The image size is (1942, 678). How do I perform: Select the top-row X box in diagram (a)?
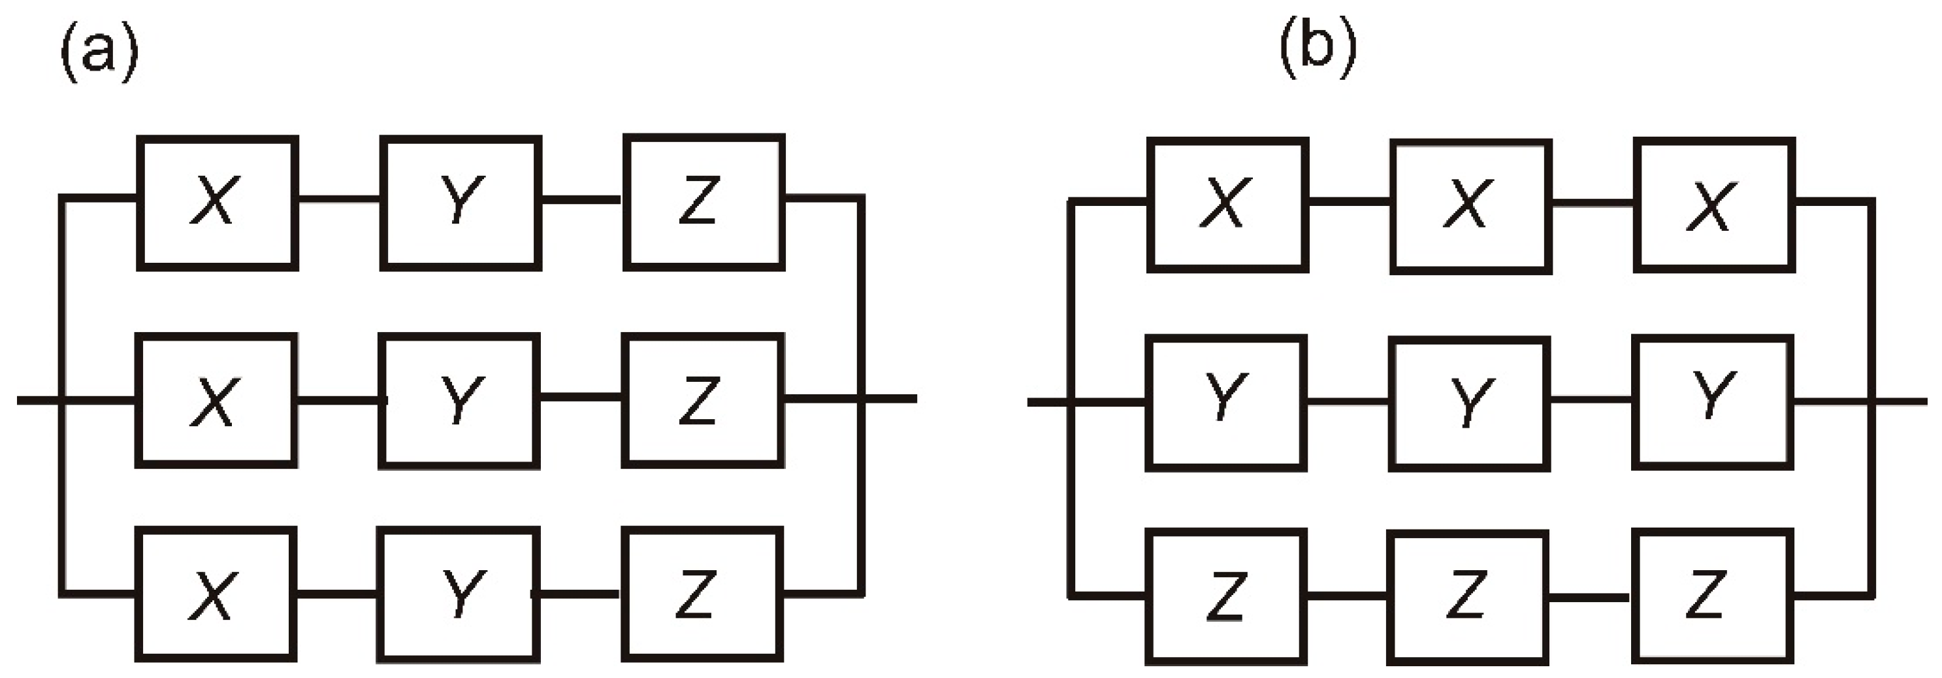217,202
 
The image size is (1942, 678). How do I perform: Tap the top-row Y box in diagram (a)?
461,202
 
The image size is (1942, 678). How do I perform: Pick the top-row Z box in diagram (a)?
704,201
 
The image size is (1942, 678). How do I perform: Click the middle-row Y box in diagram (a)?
459,401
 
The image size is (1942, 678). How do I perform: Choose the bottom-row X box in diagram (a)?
216,594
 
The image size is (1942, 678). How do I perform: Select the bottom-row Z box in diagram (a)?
702,594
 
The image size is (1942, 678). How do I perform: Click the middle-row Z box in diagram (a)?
703,401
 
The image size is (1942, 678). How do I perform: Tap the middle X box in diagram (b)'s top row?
1470,205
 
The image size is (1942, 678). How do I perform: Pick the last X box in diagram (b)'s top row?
1714,205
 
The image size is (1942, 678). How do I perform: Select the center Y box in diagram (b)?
1468,404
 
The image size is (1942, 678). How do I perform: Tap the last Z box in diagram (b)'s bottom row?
1711,596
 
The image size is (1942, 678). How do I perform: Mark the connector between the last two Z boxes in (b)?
1589,598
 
